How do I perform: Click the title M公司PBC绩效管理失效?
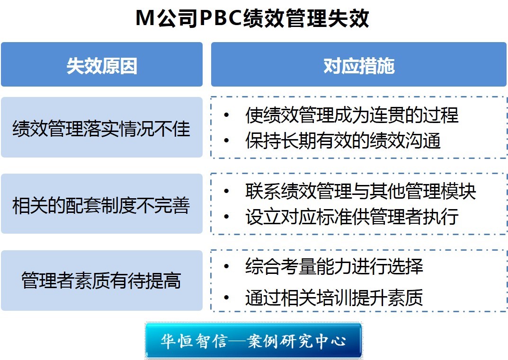pos(252,18)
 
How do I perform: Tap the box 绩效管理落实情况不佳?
pos(102,127)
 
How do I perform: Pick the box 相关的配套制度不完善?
pos(102,203)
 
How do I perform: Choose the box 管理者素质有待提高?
pos(102,281)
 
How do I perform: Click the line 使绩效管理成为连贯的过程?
pos(352,114)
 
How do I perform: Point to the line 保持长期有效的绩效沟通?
pos(343,140)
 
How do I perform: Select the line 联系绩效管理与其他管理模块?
pos(361,191)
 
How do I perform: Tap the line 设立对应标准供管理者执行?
pos(352,216)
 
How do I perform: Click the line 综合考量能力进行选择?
pos(334,266)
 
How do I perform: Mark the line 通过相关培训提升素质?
pos(334,297)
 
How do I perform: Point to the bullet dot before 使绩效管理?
pos(226,114)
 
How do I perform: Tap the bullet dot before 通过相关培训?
pos(226,297)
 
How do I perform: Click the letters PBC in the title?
pos(221,18)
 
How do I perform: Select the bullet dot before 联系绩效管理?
pos(226,191)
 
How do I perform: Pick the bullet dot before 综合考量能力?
pos(226,266)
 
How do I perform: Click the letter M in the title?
pos(145,18)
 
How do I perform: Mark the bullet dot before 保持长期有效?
pos(226,140)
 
